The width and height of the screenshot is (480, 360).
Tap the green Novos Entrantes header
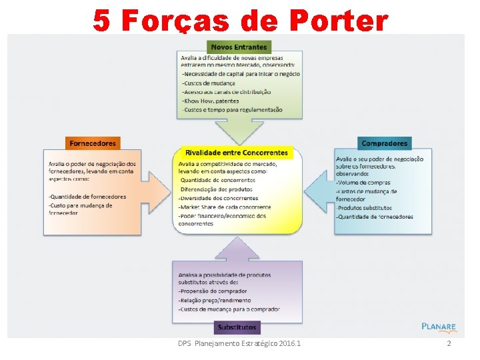coord(239,47)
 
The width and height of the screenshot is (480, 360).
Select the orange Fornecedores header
coord(93,143)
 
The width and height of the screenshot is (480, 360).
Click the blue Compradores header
coord(385,143)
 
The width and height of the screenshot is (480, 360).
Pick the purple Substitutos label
coord(237,327)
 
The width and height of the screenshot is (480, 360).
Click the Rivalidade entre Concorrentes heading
coord(237,153)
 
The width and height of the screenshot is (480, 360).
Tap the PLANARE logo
coord(439,327)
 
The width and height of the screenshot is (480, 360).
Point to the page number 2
coord(449,343)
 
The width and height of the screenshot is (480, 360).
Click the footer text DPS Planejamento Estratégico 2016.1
coord(239,343)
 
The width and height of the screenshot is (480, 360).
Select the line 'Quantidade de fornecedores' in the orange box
coord(87,197)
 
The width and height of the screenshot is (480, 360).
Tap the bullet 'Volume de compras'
coord(363,182)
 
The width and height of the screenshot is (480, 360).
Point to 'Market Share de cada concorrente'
coord(225,207)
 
